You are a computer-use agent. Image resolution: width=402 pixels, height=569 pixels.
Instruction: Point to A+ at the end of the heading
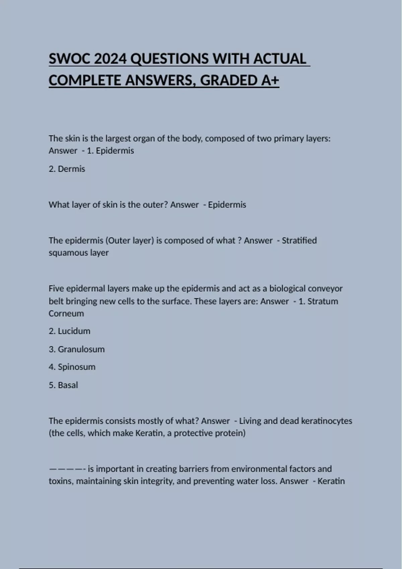pos(269,80)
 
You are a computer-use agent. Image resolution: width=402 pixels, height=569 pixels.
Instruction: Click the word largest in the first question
pos(117,138)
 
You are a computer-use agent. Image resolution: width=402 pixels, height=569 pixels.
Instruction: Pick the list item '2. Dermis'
pos(67,169)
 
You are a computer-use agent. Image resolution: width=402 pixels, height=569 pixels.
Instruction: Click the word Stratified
pos(299,240)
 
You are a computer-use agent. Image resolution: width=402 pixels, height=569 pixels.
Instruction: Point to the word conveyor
pos(325,289)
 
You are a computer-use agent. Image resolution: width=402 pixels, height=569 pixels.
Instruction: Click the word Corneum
pos(66,313)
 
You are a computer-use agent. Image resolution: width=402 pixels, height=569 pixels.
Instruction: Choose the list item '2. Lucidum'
pos(69,331)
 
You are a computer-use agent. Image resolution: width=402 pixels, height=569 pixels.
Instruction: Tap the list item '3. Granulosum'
pos(76,349)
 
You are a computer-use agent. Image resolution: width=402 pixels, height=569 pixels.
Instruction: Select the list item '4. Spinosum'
pos(72,367)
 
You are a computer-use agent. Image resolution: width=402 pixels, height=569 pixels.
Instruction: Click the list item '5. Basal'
pos(63,385)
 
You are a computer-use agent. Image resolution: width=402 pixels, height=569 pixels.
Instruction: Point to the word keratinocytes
pos(327,421)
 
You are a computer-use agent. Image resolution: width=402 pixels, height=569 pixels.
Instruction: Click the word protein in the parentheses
pos(231,433)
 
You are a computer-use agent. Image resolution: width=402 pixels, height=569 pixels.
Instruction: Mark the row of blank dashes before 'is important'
pos(67,469)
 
